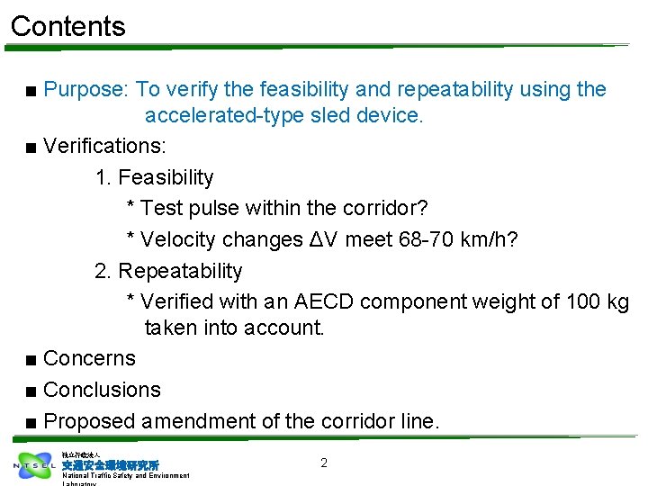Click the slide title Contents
click(68, 26)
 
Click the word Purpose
click(85, 90)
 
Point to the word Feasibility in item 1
click(166, 177)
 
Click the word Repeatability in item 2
click(181, 271)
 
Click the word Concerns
click(89, 358)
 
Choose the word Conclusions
click(102, 390)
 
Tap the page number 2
click(324, 463)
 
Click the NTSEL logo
click(34, 465)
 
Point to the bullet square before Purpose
click(31, 91)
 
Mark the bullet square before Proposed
click(31, 422)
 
